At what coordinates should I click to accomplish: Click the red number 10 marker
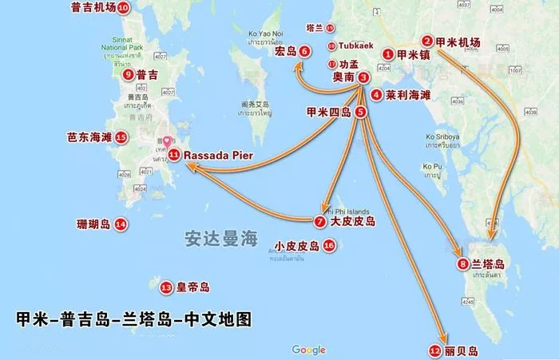pyautogui.click(x=123, y=9)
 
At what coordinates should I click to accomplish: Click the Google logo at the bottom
pyautogui.click(x=308, y=350)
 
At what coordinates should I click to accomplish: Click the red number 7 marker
pyautogui.click(x=320, y=220)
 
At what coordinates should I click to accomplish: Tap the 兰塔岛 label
pyautogui.click(x=487, y=264)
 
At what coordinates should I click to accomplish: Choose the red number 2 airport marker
pyautogui.click(x=428, y=42)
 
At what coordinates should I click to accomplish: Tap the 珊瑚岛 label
pyautogui.click(x=93, y=224)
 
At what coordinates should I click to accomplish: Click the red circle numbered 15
pyautogui.click(x=121, y=137)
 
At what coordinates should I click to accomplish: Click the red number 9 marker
pyautogui.click(x=129, y=74)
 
